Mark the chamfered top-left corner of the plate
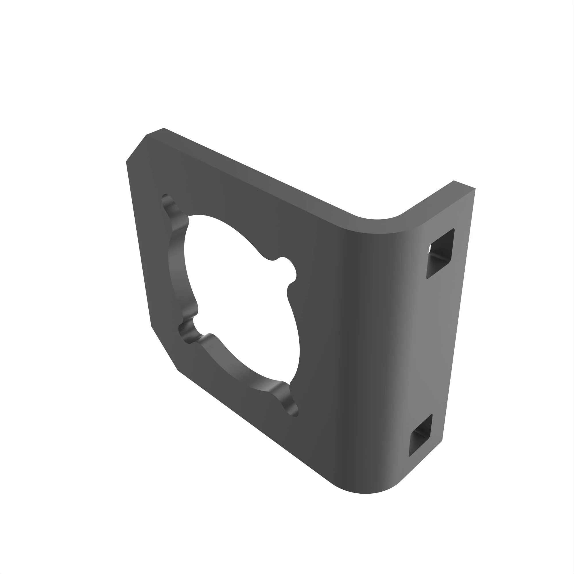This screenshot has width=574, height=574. click(136, 148)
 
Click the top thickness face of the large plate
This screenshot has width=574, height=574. click(253, 172)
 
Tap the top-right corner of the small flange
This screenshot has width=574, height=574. click(475, 189)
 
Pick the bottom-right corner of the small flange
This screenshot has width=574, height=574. click(442, 441)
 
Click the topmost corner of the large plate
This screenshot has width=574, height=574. click(164, 128)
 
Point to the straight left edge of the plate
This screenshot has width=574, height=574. click(138, 244)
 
